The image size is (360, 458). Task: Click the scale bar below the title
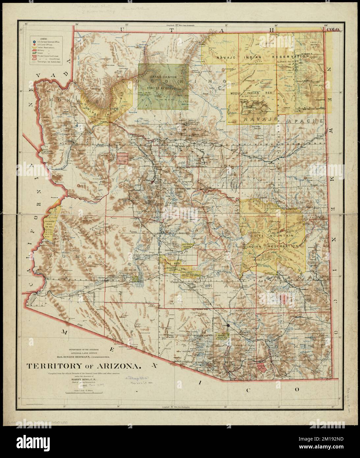(84, 392)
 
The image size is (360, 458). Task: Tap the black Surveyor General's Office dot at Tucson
(228, 326)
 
